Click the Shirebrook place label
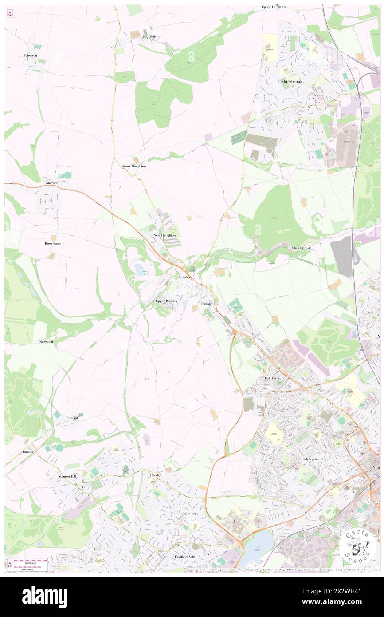[291, 82]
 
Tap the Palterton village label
[31, 55]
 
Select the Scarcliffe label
[149, 36]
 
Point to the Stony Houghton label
[134, 166]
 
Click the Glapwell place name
[52, 183]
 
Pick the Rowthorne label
[53, 244]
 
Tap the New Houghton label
[165, 235]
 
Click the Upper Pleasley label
[166, 301]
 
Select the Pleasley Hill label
[210, 304]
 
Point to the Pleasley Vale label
[302, 248]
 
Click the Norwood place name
[46, 342]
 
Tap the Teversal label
[72, 418]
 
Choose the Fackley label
[27, 452]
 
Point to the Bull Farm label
[271, 378]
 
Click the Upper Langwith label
[273, 7]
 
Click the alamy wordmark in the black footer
[44, 597]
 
